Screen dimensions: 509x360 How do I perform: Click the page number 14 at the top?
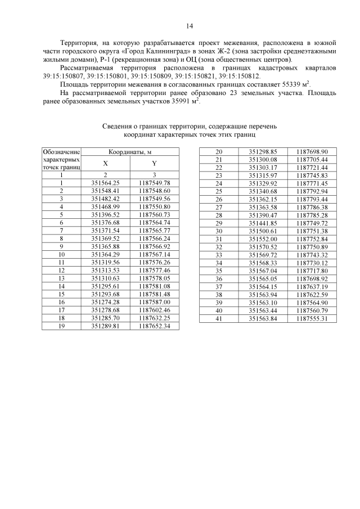click(x=190, y=26)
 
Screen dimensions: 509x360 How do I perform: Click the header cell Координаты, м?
click(x=130, y=151)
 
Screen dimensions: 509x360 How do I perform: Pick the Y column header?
click(x=154, y=163)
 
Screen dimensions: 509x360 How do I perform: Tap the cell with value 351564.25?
click(x=106, y=183)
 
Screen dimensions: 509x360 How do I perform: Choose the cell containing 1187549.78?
click(x=154, y=183)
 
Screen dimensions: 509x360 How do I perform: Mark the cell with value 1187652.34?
click(x=154, y=325)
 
